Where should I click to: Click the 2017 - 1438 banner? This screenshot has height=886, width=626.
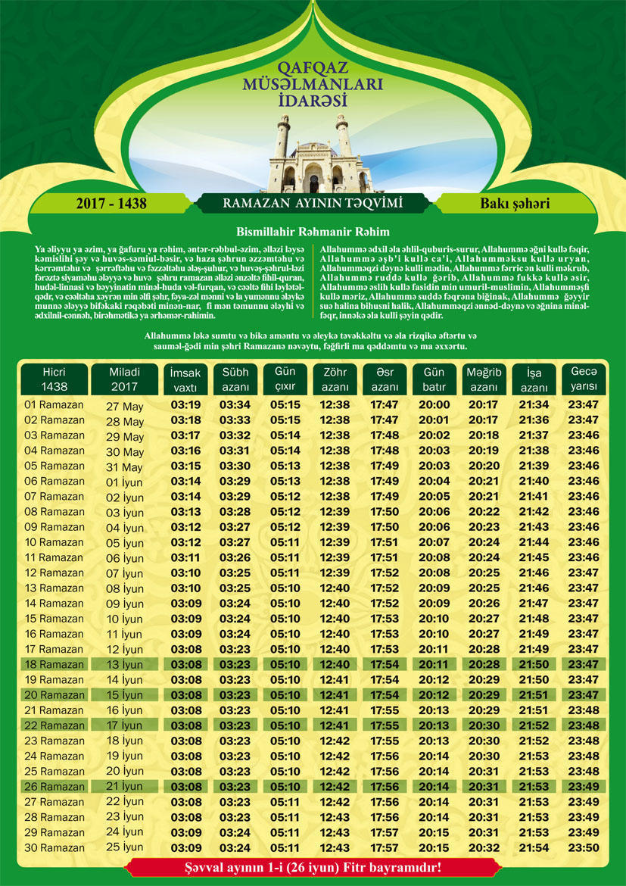tap(111, 204)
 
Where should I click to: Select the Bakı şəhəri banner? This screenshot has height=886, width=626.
tap(514, 204)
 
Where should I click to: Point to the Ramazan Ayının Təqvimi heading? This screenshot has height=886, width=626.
tap(312, 204)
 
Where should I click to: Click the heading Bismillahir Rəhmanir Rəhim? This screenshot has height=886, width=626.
tap(313, 232)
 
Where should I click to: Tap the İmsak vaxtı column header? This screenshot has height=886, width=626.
tap(185, 379)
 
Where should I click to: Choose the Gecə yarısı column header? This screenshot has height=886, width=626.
tap(583, 379)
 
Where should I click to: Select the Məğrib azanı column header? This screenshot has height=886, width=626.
tap(484, 379)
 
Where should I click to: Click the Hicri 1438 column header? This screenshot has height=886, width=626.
tap(54, 379)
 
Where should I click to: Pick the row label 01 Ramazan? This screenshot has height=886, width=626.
tap(54, 404)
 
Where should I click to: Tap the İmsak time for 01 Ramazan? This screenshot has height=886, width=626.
tap(185, 404)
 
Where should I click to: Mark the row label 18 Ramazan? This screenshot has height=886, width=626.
tap(54, 664)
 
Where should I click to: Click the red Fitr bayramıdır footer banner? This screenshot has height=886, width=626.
tap(312, 866)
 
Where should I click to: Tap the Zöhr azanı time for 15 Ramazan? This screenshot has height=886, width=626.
tap(335, 619)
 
